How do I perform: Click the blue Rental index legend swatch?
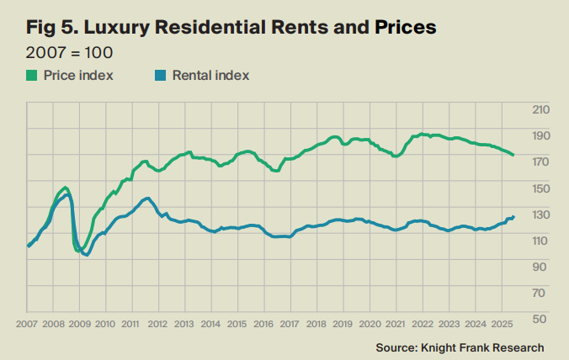159,76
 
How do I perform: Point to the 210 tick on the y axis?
540,109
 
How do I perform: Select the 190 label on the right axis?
540,135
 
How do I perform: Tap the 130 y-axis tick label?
540,214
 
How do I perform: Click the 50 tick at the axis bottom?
543,318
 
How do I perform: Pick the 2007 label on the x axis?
27,323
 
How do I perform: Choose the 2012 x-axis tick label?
157,323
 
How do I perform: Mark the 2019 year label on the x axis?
342,323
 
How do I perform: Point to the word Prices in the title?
404,27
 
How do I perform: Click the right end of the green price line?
513,156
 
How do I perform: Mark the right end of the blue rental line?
513,216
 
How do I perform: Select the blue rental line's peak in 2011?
147,199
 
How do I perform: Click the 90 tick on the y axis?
543,266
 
